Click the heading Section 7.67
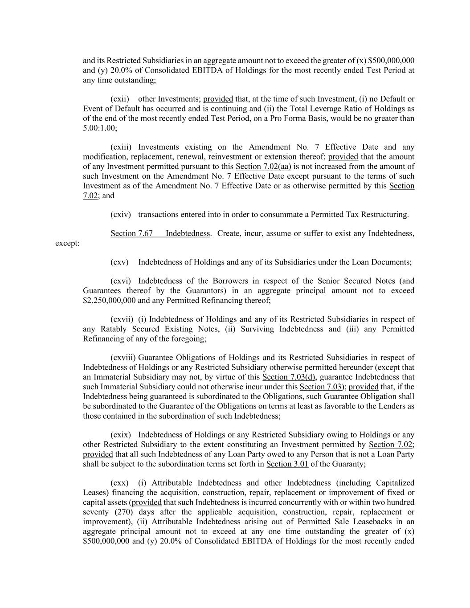[131, 233]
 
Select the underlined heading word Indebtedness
[188, 233]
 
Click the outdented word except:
[67, 243]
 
